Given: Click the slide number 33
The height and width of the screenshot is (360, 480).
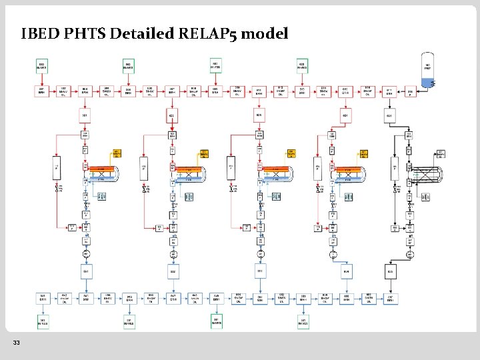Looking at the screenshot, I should click(x=16, y=343).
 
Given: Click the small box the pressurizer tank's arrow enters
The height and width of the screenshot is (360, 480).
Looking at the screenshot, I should click(x=411, y=92).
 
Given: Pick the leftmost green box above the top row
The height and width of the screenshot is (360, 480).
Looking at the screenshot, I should click(x=42, y=65).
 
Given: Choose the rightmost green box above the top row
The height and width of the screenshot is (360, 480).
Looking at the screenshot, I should click(x=302, y=65).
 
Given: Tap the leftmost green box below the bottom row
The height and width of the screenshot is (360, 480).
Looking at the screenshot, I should click(x=42, y=321).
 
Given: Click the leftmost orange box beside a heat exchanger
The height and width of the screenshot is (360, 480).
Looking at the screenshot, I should click(x=117, y=153).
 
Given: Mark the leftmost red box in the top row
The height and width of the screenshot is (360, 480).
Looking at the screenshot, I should click(x=42, y=91).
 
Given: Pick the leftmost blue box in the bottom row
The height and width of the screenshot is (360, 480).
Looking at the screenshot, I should click(x=86, y=298).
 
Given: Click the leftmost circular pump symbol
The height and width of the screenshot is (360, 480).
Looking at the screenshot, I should click(x=87, y=255).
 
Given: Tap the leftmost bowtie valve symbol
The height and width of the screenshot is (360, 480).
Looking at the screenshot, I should click(x=58, y=190).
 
